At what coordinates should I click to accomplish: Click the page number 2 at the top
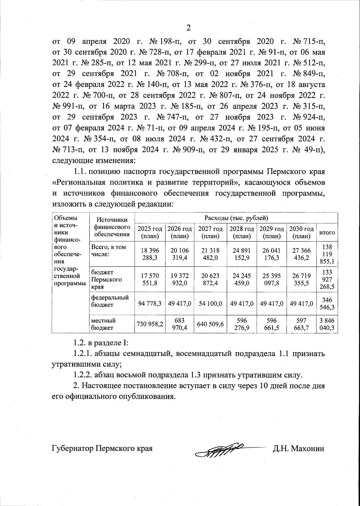[x=188, y=28]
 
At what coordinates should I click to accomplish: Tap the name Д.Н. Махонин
[x=298, y=448]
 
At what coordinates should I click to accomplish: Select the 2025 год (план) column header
[x=150, y=232]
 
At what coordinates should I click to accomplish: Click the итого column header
[x=327, y=233]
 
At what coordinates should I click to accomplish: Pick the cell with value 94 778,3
[x=150, y=303]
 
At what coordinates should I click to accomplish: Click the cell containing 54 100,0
[x=210, y=303]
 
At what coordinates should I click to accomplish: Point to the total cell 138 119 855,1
[x=327, y=254]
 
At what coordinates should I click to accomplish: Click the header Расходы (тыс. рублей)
[x=236, y=218]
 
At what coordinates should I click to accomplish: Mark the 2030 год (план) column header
[x=301, y=232]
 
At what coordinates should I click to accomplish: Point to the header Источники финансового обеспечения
[x=112, y=228]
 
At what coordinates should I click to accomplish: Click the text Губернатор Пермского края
[x=102, y=448]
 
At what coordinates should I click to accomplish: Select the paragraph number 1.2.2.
[x=83, y=374]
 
